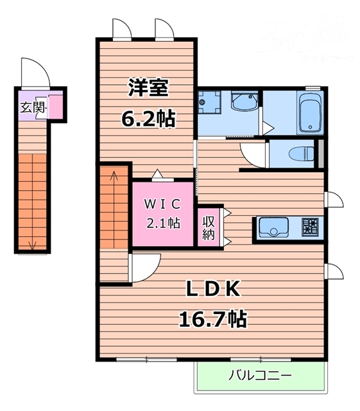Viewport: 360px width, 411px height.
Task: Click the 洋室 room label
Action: tap(146, 88)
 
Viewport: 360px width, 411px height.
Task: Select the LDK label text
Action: tap(213, 290)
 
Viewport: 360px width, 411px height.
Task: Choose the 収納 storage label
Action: tap(209, 227)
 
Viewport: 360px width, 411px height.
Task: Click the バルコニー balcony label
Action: tap(260, 375)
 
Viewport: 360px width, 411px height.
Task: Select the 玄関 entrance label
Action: tap(32, 107)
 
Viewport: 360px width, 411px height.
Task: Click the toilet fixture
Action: tap(302, 153)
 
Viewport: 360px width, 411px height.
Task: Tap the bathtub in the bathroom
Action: tap(310, 113)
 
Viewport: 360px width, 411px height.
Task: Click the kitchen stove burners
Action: tap(310, 227)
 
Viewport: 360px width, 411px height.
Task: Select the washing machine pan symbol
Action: tap(209, 101)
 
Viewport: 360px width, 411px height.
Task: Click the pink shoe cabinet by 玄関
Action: tap(56, 107)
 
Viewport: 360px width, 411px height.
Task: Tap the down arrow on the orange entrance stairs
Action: tap(33, 243)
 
